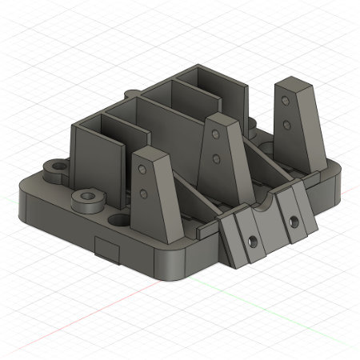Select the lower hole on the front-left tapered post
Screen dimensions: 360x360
tap(144, 193)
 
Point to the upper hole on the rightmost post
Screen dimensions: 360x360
tap(286, 102)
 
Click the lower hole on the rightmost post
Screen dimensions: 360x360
tap(286, 123)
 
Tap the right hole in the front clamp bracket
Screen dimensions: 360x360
tap(294, 218)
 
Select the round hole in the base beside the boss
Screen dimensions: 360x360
tap(117, 218)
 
